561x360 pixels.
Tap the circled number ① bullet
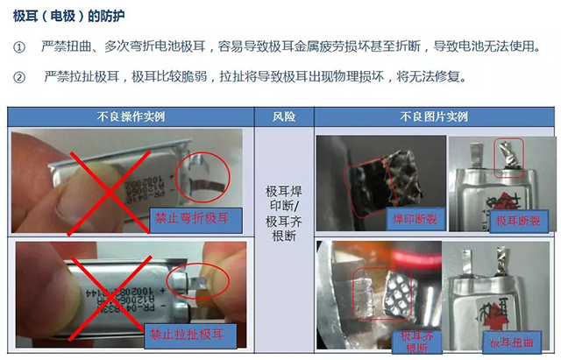(x=19, y=46)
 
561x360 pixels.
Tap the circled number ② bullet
(x=19, y=78)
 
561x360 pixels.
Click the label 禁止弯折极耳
(x=192, y=218)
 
